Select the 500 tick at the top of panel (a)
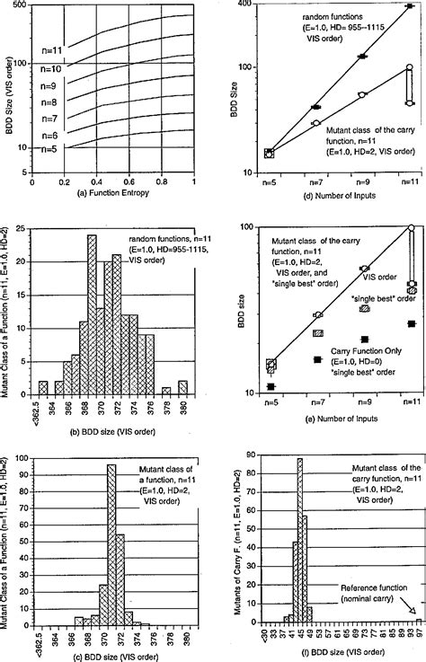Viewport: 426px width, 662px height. click(20, 6)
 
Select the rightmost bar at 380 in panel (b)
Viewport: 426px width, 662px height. click(182, 390)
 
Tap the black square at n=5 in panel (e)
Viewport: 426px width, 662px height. click(271, 387)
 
